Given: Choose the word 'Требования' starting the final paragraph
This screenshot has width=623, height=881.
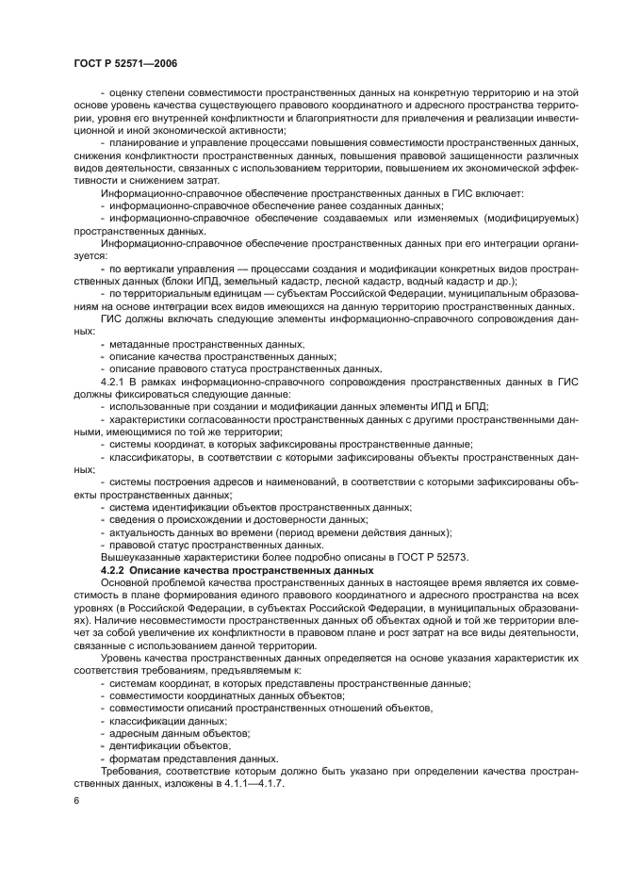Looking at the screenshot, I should pyautogui.click(x=131, y=772).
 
